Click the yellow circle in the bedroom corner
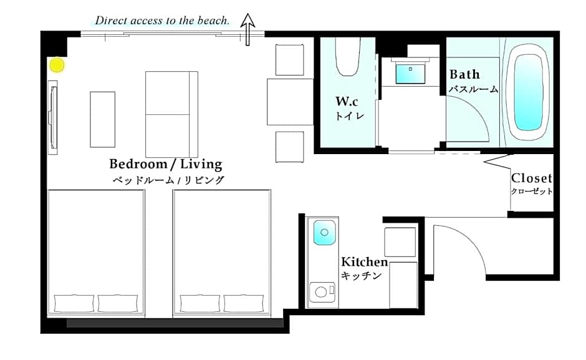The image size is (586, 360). point(57,65)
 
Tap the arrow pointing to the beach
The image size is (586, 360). point(247,29)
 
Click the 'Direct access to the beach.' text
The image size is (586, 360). point(162,20)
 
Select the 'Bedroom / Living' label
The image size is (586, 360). point(166,164)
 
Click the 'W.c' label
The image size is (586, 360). point(347,101)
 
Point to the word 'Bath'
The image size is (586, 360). point(464,74)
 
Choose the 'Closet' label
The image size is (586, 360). point(531,178)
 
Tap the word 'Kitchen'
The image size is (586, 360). point(365,261)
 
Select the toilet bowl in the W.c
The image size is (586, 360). point(348,57)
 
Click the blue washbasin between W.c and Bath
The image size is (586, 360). point(410,74)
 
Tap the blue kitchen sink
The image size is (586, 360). point(324,232)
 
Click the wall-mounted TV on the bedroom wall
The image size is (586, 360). point(53,117)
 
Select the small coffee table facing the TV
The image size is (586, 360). point(102,119)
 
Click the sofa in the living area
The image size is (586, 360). point(171,114)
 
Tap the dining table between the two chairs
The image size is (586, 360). point(290,102)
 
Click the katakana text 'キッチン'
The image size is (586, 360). point(361,275)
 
